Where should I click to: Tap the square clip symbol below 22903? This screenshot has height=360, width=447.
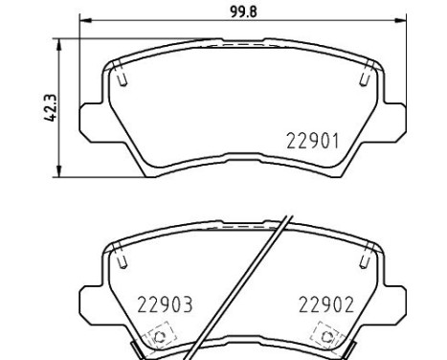(x=158, y=336)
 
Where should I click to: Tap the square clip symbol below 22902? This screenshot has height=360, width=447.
(x=327, y=336)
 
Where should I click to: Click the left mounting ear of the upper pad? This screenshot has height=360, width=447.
(x=92, y=123)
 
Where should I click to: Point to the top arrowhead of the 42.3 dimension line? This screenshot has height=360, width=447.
(x=60, y=43)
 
